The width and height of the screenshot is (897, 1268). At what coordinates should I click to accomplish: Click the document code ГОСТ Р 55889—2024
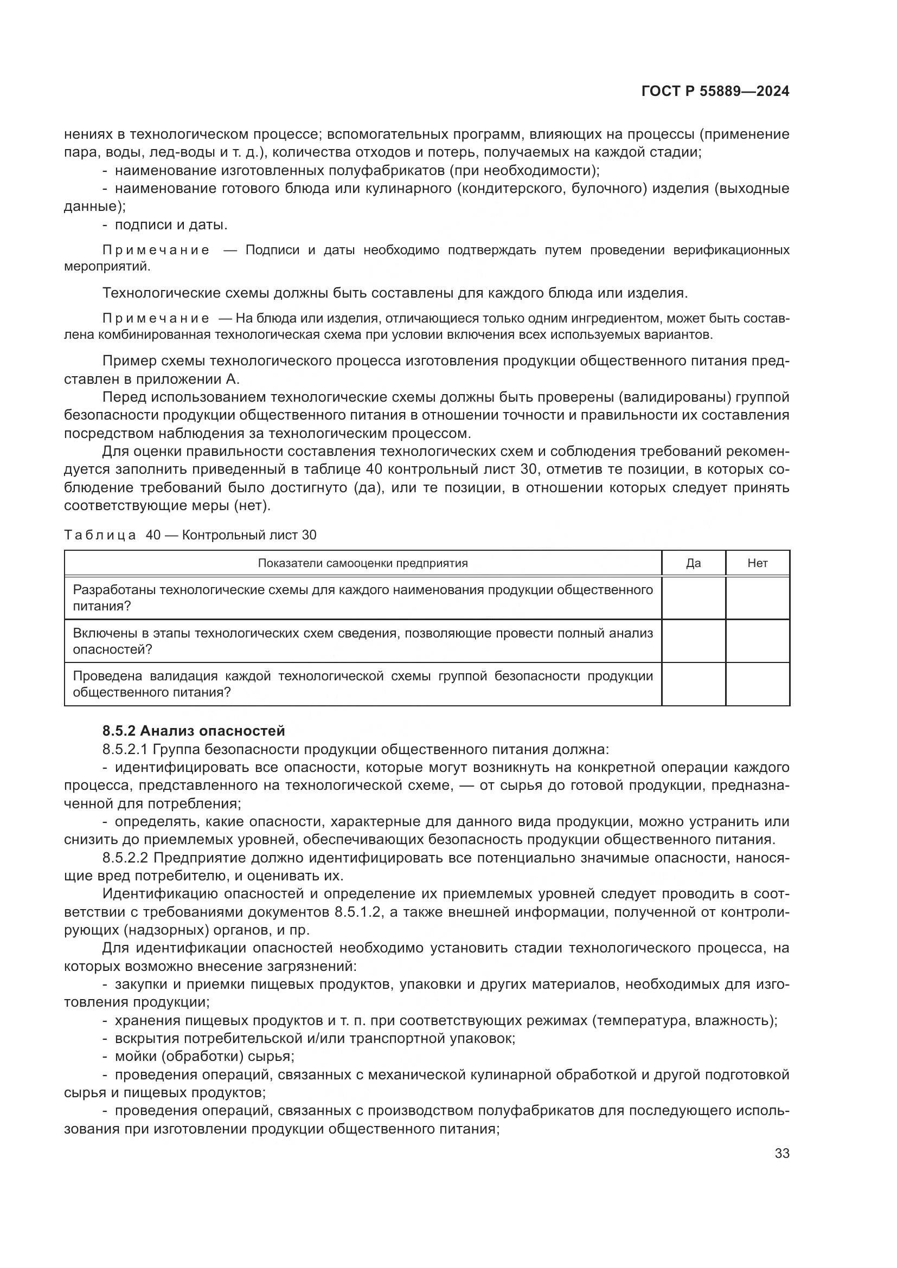tap(715, 91)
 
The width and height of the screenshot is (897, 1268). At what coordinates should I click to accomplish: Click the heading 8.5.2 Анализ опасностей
tap(193, 731)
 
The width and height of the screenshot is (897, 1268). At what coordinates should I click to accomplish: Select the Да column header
tap(693, 563)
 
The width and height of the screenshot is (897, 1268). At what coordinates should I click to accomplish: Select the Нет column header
tap(757, 563)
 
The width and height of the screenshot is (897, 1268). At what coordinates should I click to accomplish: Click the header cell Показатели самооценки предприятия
tap(363, 563)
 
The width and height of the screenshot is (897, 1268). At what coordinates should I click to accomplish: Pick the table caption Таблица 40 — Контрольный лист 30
tap(190, 535)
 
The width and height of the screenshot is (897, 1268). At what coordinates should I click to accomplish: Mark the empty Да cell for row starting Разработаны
tap(693, 598)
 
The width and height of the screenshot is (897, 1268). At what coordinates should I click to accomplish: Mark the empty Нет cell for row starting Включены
tap(757, 641)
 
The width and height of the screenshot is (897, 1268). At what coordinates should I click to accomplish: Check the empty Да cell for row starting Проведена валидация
tap(693, 684)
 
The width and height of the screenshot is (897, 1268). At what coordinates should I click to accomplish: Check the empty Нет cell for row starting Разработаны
tap(757, 598)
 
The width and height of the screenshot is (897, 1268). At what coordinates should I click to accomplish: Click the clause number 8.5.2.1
tap(123, 749)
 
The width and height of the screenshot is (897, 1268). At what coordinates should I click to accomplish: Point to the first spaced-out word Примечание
tap(156, 250)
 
